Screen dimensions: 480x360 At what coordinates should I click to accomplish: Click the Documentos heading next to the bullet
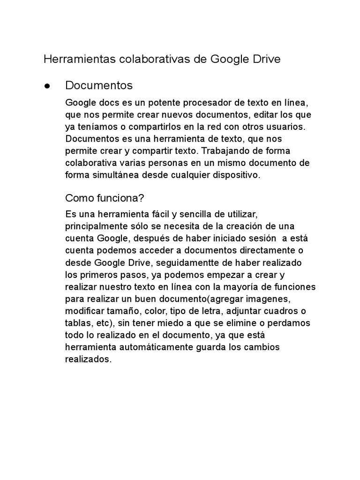tap(99, 85)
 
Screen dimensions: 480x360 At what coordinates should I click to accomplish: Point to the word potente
tap(168, 103)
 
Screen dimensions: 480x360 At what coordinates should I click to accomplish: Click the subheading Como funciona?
tap(101, 197)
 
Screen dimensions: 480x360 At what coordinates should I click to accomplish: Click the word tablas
tap(77, 323)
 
